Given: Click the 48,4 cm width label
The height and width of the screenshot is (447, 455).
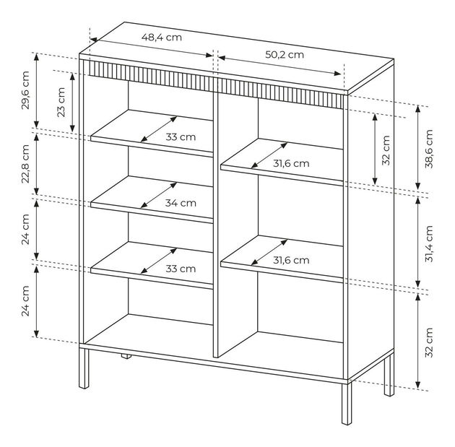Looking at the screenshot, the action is click(162, 37).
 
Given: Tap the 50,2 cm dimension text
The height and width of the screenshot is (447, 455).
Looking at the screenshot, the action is click(285, 55).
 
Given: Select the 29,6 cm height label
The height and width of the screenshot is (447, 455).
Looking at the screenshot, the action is click(25, 90).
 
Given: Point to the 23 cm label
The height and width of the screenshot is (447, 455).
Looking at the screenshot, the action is click(61, 102).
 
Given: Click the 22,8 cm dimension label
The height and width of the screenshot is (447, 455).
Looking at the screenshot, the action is click(25, 164).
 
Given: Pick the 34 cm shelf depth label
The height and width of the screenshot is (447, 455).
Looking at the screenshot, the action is click(181, 203).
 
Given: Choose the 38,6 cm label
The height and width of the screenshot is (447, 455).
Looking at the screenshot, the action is click(429, 149).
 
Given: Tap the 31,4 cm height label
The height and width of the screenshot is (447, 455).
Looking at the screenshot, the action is click(429, 243).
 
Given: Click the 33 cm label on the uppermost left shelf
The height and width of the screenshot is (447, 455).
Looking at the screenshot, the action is click(181, 137).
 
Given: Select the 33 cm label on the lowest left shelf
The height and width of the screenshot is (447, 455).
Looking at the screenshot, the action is click(181, 269).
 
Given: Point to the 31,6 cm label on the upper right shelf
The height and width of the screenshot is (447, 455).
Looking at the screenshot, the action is click(291, 163).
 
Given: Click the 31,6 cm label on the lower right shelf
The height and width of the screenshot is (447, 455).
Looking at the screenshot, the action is click(291, 260).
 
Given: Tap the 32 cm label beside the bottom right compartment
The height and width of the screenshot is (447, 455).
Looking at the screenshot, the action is click(429, 342).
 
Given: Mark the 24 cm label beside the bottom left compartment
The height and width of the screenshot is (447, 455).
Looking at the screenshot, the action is click(25, 300).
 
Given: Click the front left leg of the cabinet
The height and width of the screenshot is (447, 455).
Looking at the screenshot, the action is click(84, 368).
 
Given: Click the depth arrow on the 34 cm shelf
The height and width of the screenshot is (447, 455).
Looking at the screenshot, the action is click(159, 195).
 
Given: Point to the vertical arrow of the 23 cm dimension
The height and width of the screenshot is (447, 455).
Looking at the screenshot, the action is click(72, 102).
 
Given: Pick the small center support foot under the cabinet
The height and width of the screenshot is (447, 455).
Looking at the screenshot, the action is click(126, 357).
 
